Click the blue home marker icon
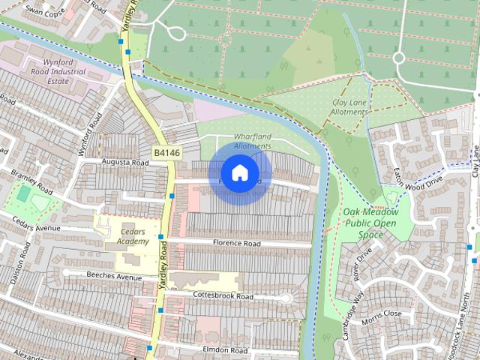[239, 173]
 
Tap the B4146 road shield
[166, 153]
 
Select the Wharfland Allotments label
[251, 141]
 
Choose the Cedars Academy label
[126, 236]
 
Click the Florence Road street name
[236, 244]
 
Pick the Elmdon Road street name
[224, 350]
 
